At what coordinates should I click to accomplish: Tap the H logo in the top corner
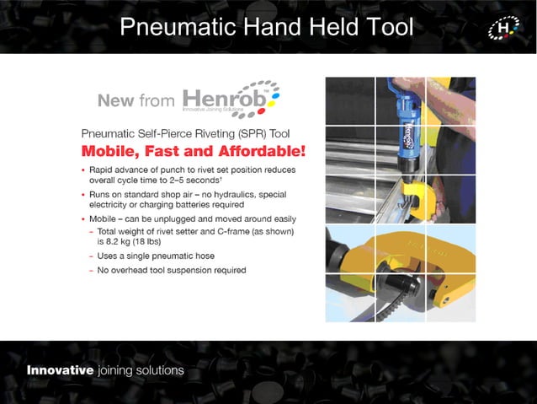[x=503, y=29]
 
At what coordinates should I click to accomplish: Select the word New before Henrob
[x=115, y=101]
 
